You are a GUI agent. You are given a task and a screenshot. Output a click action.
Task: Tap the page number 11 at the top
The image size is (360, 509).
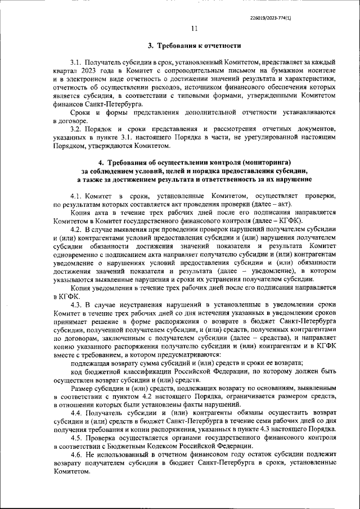point(195,29)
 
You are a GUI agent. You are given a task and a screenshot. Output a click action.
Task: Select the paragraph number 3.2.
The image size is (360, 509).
point(76,129)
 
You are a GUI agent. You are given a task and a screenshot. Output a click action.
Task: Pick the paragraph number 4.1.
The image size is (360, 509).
point(76,195)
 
